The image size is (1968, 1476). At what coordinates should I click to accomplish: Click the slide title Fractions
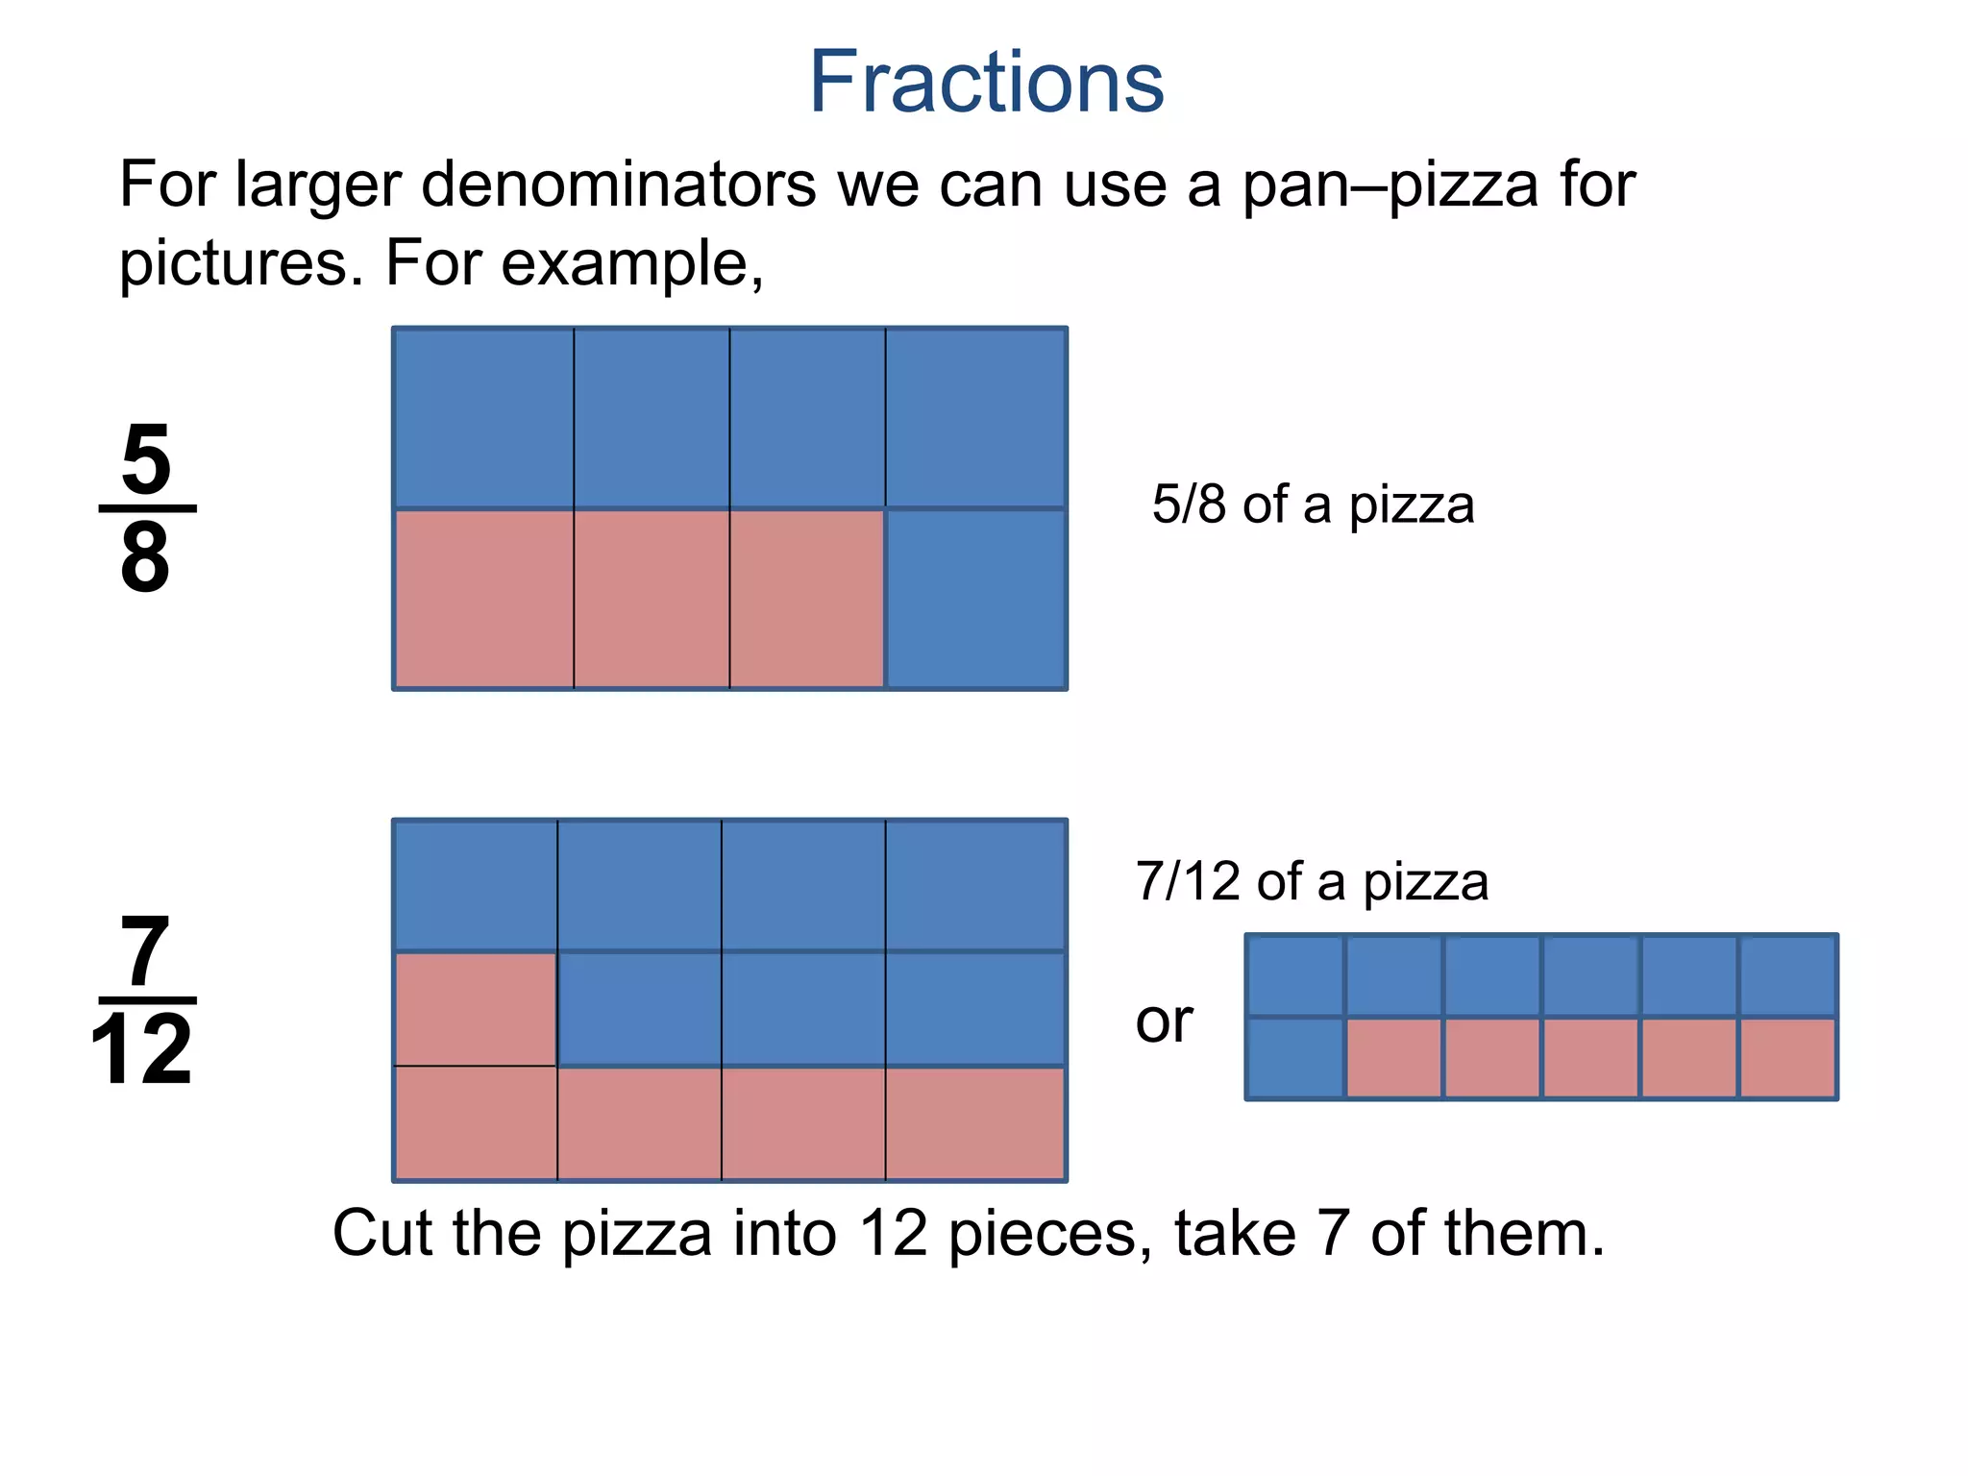point(986,83)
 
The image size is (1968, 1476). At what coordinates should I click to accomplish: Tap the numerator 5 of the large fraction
point(146,460)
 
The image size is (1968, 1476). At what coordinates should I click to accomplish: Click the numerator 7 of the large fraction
point(144,952)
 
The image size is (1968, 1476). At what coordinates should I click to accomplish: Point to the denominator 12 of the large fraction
point(142,1050)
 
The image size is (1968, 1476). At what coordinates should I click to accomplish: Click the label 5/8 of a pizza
point(1313,504)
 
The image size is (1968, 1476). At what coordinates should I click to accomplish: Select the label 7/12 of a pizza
point(1312,881)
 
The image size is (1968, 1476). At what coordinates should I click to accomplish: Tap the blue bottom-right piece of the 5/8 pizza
point(975,599)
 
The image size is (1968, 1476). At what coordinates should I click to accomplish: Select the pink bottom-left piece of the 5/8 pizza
point(483,599)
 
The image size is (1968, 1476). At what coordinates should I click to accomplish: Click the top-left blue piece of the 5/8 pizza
point(483,418)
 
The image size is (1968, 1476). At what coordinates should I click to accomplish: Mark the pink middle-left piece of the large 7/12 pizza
point(476,1009)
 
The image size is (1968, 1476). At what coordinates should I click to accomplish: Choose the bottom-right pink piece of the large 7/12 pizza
point(975,1122)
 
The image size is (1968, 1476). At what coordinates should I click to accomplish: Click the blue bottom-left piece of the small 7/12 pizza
point(1294,1057)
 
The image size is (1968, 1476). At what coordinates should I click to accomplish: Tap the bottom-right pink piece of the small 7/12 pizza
point(1787,1057)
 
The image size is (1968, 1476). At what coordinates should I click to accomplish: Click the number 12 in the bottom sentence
point(893,1233)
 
